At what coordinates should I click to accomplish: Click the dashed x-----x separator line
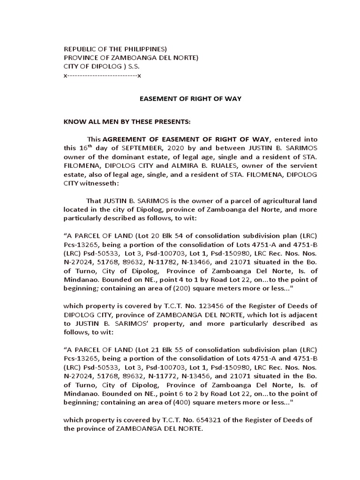pos(102,75)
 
